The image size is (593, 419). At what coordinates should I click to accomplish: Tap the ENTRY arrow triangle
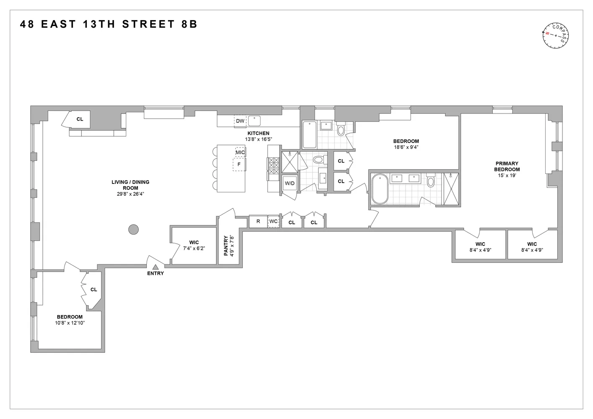155,266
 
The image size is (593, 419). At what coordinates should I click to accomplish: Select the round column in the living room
133,229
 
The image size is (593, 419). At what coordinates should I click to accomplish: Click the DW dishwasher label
240,121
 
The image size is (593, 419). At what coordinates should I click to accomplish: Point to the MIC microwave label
240,152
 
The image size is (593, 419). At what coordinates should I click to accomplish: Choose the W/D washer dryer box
289,184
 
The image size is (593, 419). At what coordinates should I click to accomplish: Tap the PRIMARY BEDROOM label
507,166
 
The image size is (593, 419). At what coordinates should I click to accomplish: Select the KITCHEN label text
258,133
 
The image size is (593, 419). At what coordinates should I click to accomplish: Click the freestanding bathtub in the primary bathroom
380,190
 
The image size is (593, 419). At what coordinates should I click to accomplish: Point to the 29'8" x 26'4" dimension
130,194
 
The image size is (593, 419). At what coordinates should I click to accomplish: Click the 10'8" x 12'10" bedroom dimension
70,323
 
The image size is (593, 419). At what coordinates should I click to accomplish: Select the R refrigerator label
258,221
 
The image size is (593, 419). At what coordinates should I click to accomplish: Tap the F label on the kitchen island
239,164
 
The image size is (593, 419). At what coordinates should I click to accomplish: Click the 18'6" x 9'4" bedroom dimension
406,147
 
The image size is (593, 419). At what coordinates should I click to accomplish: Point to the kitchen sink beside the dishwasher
254,121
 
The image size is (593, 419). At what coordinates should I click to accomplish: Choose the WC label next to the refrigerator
273,221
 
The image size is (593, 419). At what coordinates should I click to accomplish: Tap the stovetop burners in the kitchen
273,166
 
